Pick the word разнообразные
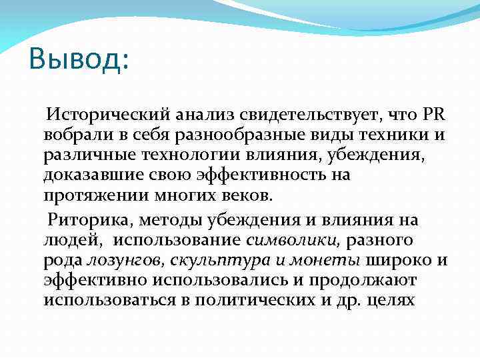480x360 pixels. [x=229, y=136]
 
